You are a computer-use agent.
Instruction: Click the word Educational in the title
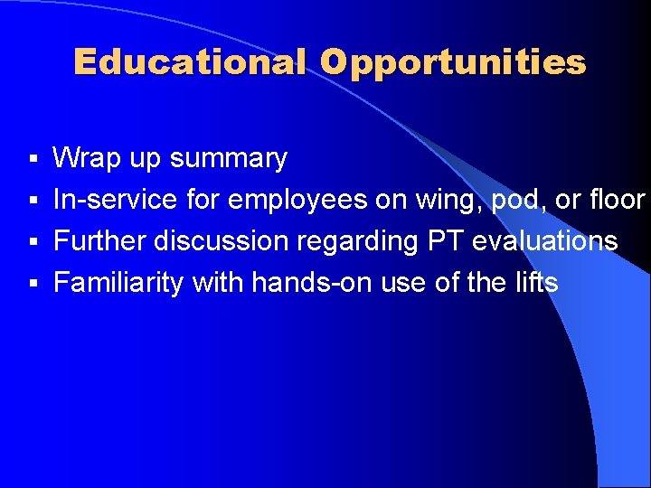(x=191, y=62)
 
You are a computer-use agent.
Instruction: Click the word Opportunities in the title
(x=452, y=62)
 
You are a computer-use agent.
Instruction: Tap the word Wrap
(x=83, y=159)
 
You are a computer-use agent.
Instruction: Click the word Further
(x=99, y=241)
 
